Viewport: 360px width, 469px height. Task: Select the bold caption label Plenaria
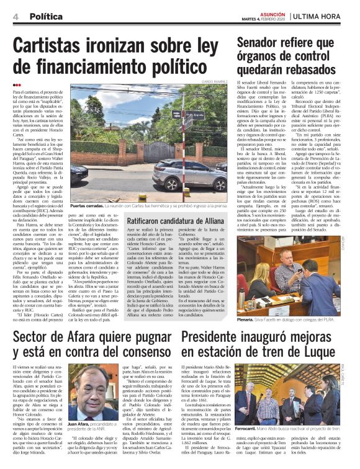pyautogui.click(x=247, y=319)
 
